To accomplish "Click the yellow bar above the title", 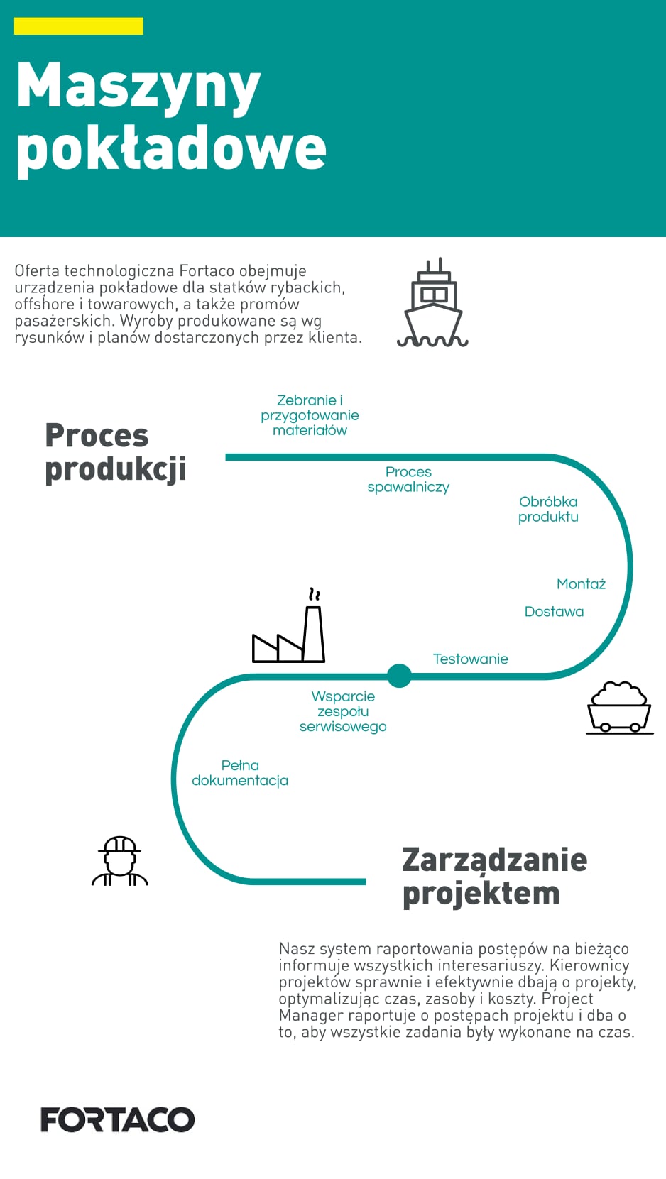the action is pos(78,26).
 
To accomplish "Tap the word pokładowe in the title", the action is pos(171,150).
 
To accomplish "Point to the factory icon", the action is pos(288,625).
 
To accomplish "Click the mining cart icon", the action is pos(620,708).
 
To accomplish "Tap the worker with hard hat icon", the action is pos(119,861).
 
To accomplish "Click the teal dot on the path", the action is pos(399,676).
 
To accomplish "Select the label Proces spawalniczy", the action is pos(408,480).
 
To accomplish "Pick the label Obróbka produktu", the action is pos(548,509).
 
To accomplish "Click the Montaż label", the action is pos(582,583).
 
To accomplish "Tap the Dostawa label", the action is pos(554,612).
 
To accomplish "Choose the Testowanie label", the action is pos(471,659).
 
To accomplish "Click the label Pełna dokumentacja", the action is pos(240,773).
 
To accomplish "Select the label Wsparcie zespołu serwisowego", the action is pos(343,712).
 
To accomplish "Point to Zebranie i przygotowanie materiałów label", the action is pos(310,415).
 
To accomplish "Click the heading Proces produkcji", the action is pos(116,453).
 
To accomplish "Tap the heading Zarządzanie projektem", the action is pos(494,877).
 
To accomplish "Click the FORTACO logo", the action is pos(118,1119).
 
